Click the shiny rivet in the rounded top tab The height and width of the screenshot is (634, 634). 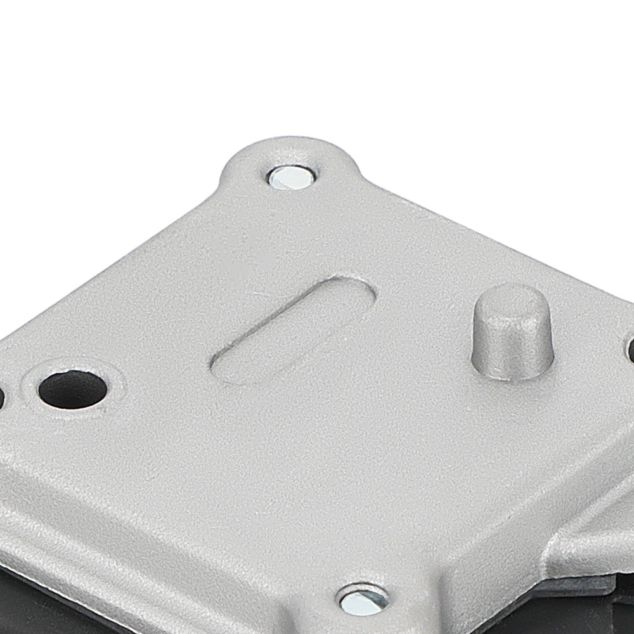pos(290,177)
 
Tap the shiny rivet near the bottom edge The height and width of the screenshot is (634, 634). pos(362,600)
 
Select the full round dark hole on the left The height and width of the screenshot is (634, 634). pos(72,389)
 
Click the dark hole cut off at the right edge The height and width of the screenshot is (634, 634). pos(631,350)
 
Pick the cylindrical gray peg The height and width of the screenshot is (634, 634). pos(512,333)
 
